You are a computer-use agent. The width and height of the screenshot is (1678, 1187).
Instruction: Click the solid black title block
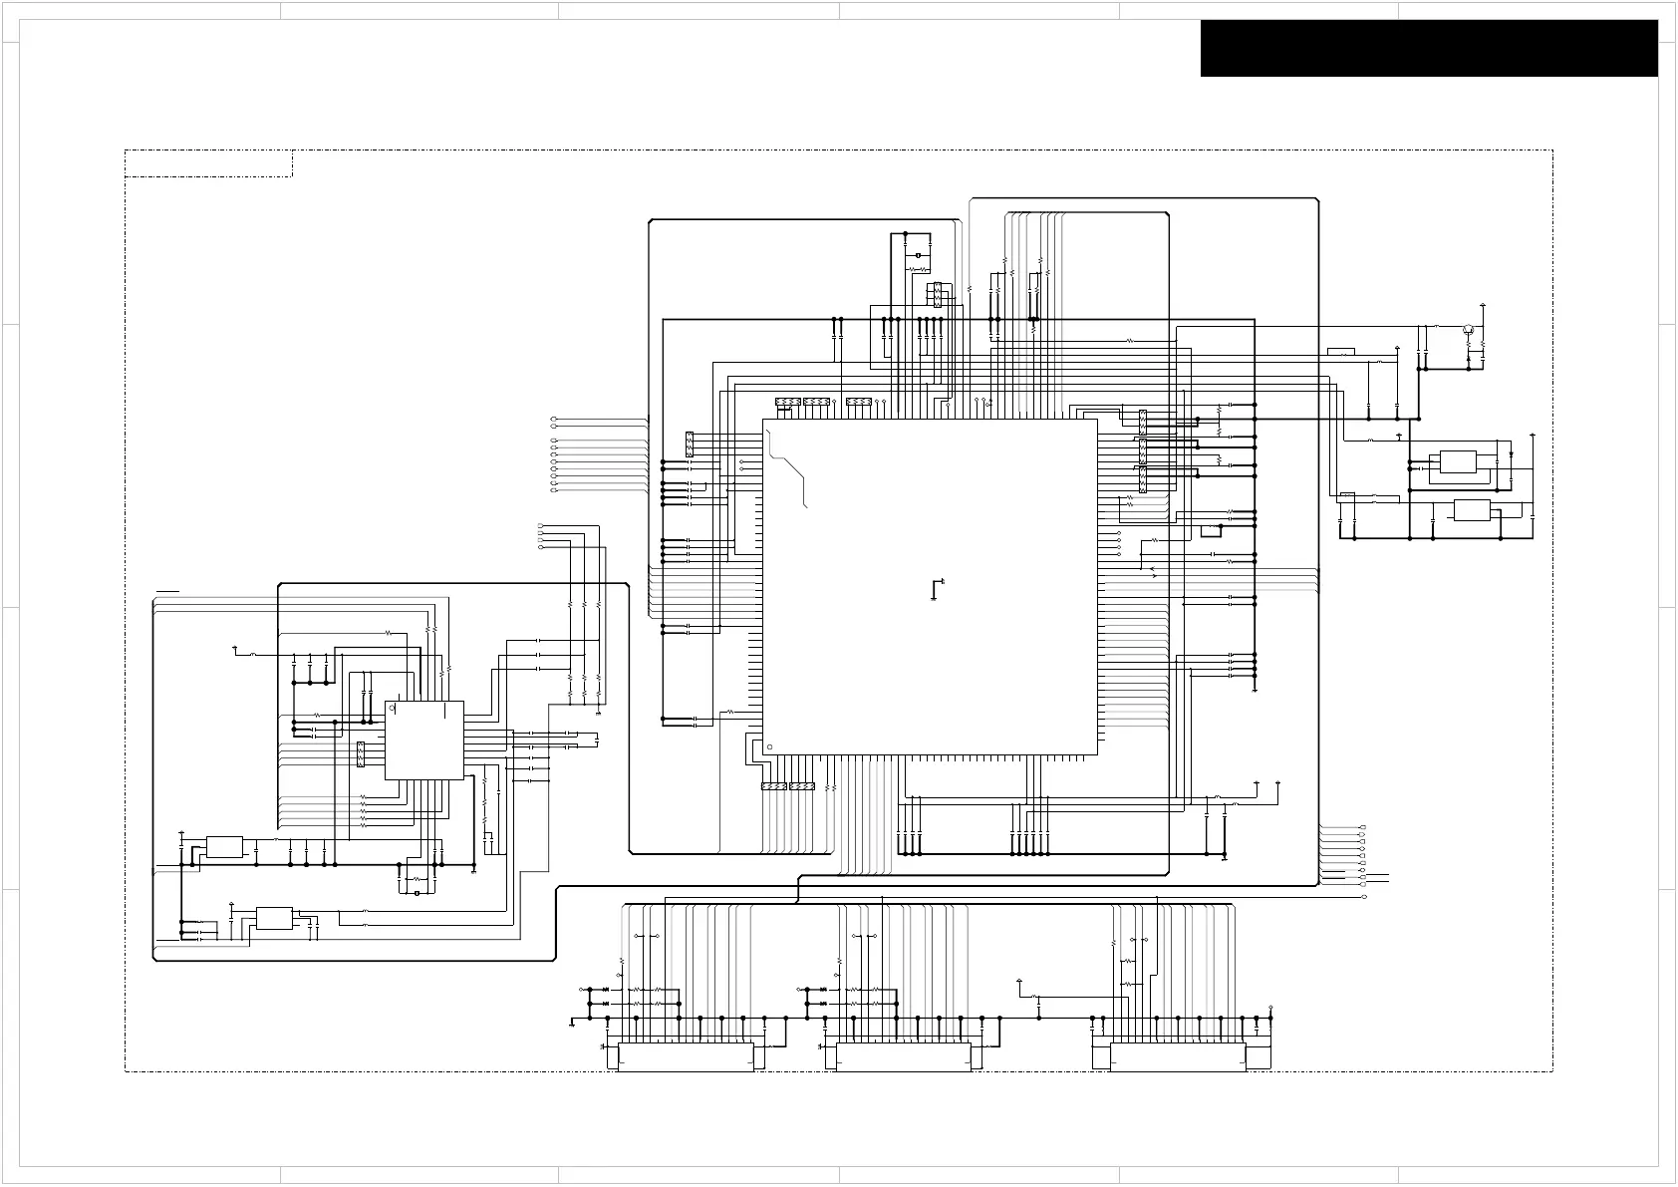[x=1429, y=48]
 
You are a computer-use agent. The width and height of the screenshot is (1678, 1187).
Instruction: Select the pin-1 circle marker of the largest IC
[x=769, y=745]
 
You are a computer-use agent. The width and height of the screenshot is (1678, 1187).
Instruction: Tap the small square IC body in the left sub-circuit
[x=424, y=740]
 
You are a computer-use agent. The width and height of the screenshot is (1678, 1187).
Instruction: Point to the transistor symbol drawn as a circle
[x=1468, y=329]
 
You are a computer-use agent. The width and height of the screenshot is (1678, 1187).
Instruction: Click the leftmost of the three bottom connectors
[x=686, y=1056]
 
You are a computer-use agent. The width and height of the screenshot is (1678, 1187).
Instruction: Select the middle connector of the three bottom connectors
[x=904, y=1056]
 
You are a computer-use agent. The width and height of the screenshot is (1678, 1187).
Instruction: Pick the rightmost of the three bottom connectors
[x=1178, y=1056]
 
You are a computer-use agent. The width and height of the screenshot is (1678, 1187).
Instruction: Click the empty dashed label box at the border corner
[x=208, y=163]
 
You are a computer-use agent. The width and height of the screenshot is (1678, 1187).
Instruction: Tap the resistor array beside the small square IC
[x=361, y=754]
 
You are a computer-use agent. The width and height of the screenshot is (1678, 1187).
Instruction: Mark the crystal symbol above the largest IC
[x=917, y=256]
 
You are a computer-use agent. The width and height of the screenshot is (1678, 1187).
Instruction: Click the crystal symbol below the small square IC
[x=416, y=893]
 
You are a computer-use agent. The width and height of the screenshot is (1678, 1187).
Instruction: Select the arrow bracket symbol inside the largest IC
[x=936, y=589]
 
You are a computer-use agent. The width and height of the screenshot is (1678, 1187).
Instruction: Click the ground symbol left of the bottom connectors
[x=573, y=1023]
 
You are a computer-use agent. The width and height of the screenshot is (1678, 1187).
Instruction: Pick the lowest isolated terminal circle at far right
[x=1364, y=897]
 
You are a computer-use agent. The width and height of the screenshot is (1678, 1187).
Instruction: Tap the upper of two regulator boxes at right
[x=1457, y=461]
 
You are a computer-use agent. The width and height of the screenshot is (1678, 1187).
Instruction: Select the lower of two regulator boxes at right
[x=1472, y=510]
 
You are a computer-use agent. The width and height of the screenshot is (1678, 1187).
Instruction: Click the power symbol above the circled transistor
[x=1483, y=304]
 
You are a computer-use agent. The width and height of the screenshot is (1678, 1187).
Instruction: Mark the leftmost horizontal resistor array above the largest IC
[x=787, y=402]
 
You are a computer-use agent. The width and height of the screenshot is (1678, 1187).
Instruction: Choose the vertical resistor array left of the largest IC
[x=690, y=445]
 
